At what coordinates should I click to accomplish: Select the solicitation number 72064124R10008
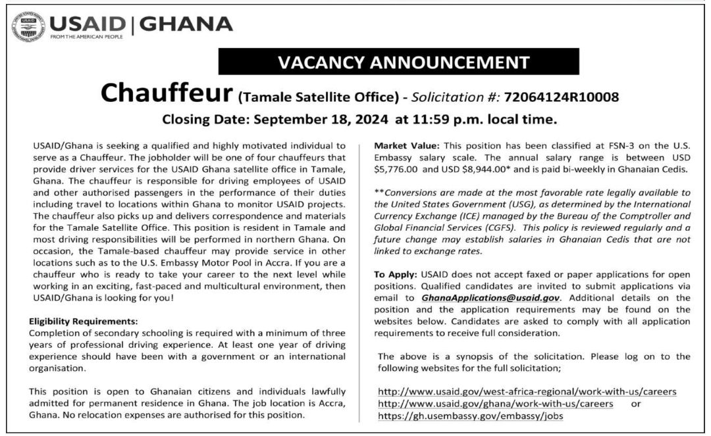(562, 97)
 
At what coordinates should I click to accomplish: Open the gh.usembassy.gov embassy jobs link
(471, 415)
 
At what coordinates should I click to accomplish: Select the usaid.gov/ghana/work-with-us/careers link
(496, 403)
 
